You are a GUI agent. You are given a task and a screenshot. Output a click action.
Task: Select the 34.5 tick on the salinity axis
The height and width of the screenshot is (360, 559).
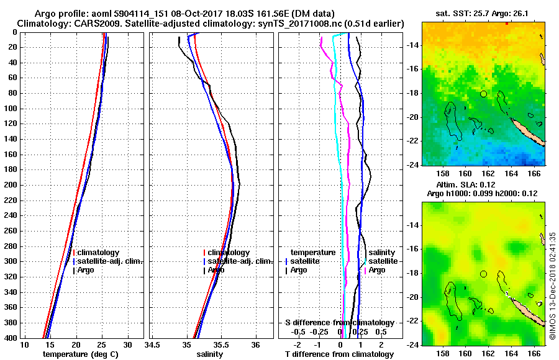pyautogui.click(x=153, y=344)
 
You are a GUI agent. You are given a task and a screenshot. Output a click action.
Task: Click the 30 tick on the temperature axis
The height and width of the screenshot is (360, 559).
pyautogui.click(x=128, y=344)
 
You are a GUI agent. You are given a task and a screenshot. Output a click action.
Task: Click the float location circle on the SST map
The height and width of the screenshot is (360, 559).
pyautogui.click(x=483, y=94)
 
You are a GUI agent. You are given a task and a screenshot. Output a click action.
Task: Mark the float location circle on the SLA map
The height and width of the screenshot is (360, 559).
pyautogui.click(x=483, y=274)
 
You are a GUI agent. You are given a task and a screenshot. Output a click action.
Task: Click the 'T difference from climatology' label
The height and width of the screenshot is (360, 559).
pyautogui.click(x=340, y=354)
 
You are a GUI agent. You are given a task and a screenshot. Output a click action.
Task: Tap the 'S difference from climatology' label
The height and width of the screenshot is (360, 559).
pyautogui.click(x=340, y=323)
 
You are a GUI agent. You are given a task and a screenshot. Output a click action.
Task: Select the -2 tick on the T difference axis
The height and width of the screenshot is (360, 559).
pyautogui.click(x=298, y=344)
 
